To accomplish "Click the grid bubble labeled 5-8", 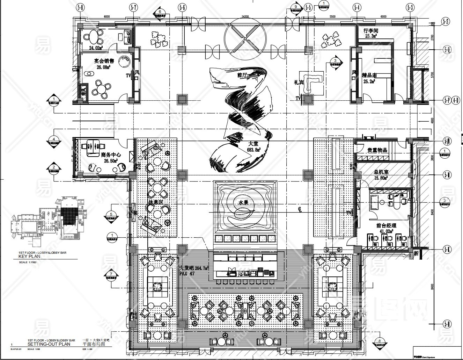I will (81, 7).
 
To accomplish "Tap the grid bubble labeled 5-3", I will (410, 7).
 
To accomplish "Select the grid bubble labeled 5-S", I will (446, 22).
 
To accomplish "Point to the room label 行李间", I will (371, 31).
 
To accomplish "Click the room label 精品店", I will (369, 75).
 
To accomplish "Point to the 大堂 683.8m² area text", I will (254, 146).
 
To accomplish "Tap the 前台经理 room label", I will (386, 226).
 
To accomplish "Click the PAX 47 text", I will (187, 274).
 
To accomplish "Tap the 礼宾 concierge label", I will (300, 83).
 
